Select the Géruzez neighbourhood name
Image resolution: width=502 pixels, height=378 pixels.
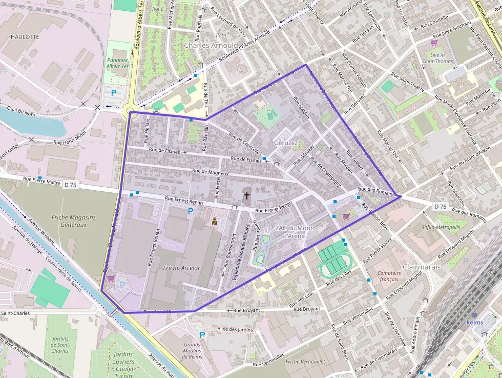click(x=286, y=143)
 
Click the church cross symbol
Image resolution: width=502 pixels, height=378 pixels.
click(x=247, y=195)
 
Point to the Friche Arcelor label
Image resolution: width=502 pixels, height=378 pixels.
click(x=181, y=268)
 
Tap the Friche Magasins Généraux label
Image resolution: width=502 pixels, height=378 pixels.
click(x=73, y=221)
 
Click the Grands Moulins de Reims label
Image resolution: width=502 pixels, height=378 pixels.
click(x=192, y=351)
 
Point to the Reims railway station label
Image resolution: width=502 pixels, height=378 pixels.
click(x=474, y=323)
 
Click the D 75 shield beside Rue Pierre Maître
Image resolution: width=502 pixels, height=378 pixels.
click(x=71, y=185)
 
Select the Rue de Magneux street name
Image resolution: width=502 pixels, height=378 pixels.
click(x=210, y=173)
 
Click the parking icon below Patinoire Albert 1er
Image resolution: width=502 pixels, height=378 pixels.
click(x=114, y=92)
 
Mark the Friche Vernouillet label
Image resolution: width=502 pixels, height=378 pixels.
click(x=305, y=362)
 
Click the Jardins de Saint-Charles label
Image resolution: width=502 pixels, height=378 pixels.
click(x=60, y=344)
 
